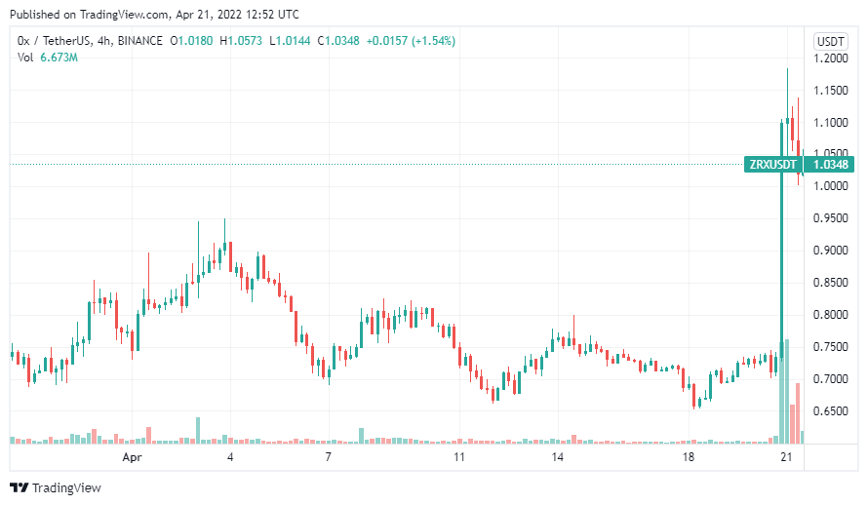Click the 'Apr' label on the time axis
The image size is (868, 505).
click(x=132, y=456)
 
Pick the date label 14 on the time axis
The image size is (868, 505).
click(x=557, y=456)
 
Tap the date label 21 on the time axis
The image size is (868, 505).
click(x=787, y=456)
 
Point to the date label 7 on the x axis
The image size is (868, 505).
click(x=329, y=456)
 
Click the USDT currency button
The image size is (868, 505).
click(x=831, y=41)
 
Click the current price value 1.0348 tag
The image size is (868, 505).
click(x=831, y=164)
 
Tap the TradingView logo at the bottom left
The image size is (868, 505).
click(x=54, y=487)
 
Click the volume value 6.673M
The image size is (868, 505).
click(x=59, y=58)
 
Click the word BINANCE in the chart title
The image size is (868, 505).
click(x=135, y=41)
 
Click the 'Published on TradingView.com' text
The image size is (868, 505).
click(x=86, y=15)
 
